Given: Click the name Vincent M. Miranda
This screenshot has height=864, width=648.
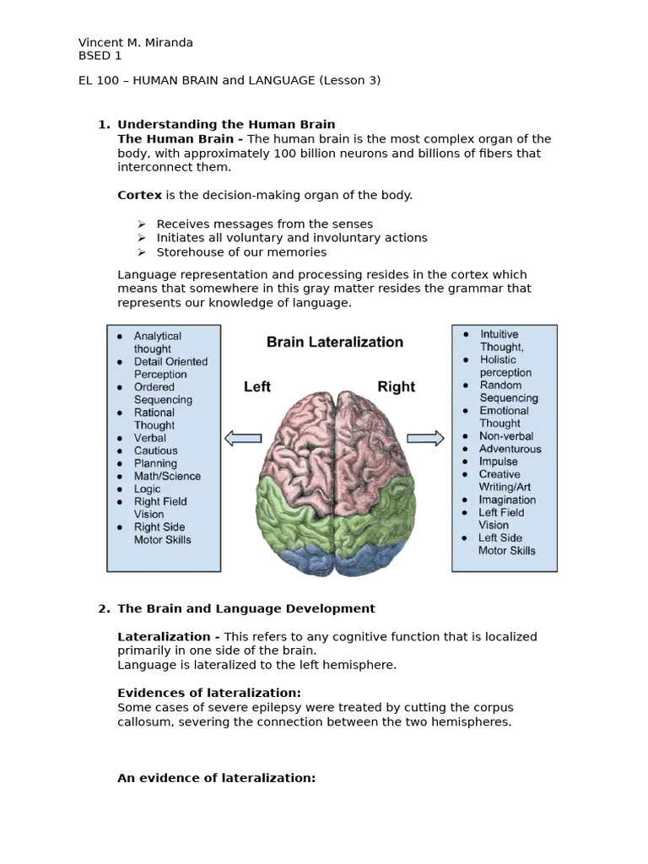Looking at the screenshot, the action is [x=135, y=42].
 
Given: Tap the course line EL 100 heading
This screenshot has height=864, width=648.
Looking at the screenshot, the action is [x=229, y=80].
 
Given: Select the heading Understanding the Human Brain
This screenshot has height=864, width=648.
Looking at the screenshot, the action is [x=225, y=125].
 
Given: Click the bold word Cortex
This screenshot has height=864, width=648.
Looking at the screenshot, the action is [x=139, y=195].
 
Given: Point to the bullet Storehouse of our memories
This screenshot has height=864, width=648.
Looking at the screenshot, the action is [x=241, y=252].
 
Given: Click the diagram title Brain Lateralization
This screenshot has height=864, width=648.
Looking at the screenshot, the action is [x=335, y=342].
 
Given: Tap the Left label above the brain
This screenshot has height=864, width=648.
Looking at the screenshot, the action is [x=257, y=386].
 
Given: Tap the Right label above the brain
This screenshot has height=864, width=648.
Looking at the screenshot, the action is [x=396, y=386].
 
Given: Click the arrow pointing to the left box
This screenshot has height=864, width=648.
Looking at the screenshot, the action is [x=243, y=438].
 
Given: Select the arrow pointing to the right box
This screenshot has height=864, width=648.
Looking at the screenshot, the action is [x=425, y=438].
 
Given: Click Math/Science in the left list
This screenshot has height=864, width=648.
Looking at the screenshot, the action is [x=167, y=476].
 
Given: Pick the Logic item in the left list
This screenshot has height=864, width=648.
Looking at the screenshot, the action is [x=147, y=489].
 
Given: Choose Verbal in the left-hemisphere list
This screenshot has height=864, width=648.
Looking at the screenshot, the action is [x=149, y=438].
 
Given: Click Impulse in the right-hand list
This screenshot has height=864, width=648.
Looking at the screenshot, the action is [x=498, y=462].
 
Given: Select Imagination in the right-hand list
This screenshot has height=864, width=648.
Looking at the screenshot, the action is [x=507, y=499].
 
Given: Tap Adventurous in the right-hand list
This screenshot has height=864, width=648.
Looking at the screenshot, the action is [x=510, y=449].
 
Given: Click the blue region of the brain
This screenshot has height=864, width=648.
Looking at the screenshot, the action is [x=337, y=557].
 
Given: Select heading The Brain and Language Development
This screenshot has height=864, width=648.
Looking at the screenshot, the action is [x=246, y=608].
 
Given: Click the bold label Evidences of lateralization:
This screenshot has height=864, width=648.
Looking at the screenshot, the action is [x=208, y=694].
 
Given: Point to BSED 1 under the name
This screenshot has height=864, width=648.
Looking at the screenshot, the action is [x=100, y=56].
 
